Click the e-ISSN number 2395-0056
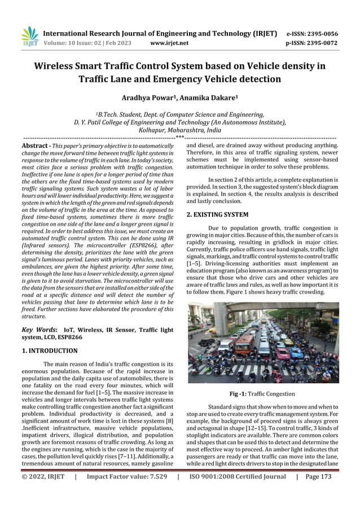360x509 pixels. tap(320, 33)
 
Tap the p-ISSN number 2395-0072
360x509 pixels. tap(320, 42)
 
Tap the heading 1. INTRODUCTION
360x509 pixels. tap(49, 350)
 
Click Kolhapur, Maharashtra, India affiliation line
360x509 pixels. tap(179, 129)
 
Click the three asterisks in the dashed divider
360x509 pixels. tap(179, 137)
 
